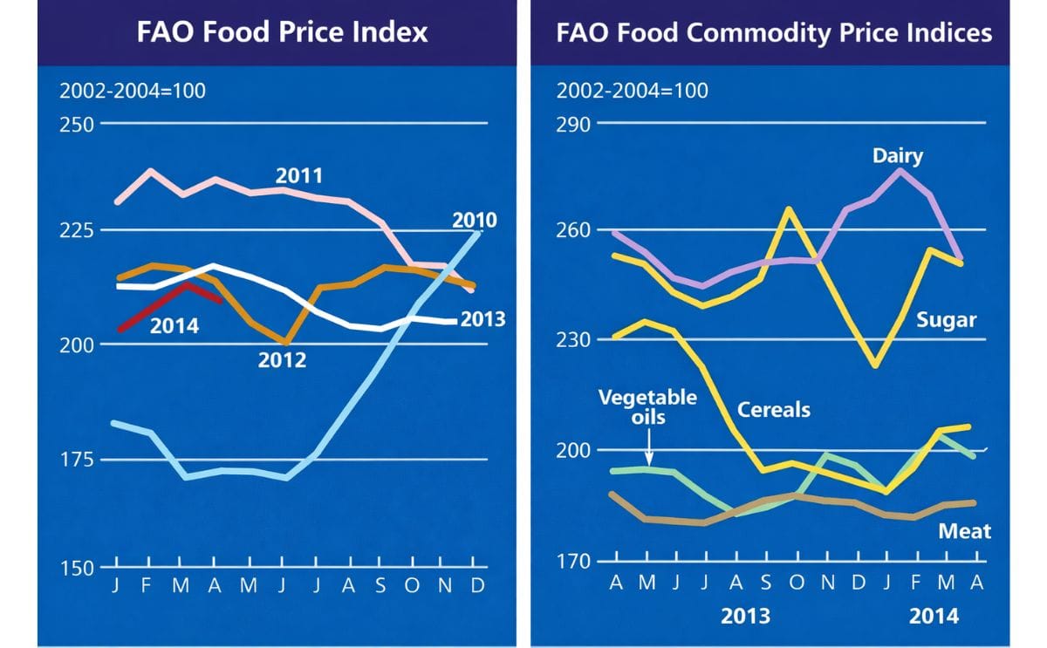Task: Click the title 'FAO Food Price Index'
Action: (283, 32)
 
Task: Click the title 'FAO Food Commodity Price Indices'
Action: (774, 32)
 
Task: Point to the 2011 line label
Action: (299, 175)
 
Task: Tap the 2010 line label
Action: (475, 220)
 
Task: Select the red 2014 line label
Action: (174, 327)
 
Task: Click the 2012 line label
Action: (282, 359)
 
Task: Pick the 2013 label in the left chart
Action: (482, 319)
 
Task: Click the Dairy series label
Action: (897, 156)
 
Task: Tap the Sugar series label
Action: (946, 320)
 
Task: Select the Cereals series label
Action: (774, 408)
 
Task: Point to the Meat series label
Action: (964, 530)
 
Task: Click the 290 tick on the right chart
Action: (572, 124)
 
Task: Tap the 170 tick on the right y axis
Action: (572, 562)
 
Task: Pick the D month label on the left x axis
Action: (476, 587)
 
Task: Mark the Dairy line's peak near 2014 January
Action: (901, 169)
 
